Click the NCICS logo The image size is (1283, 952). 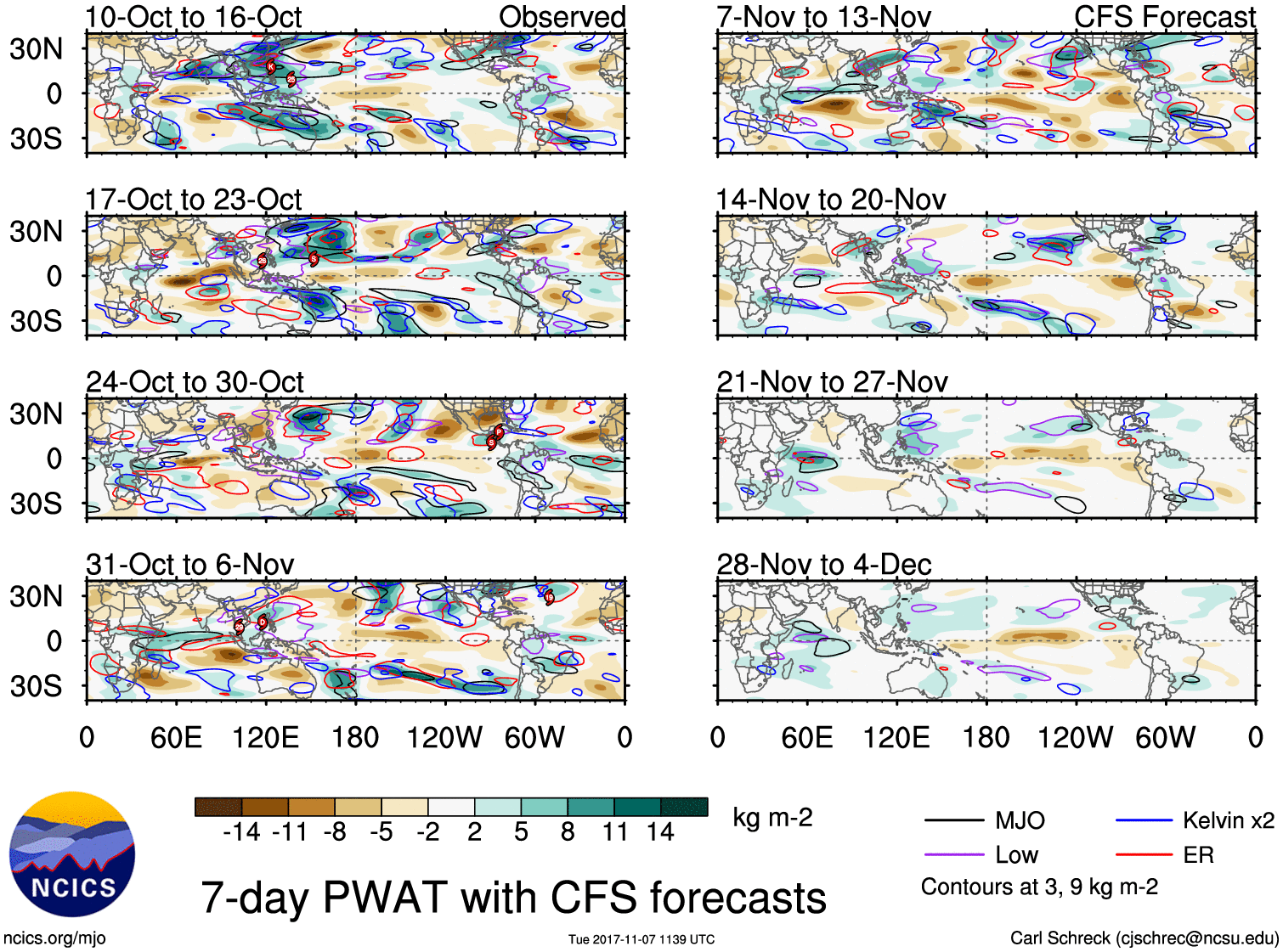point(72,854)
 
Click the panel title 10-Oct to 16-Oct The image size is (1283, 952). point(193,17)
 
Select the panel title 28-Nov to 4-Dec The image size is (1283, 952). point(823,565)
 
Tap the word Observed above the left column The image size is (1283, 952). point(562,17)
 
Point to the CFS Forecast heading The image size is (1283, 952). point(1164,17)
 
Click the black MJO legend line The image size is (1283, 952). point(954,821)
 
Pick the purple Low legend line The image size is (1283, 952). point(954,855)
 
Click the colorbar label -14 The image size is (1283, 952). point(241,832)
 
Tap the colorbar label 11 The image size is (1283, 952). point(614,832)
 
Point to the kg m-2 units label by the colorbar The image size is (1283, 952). point(772,818)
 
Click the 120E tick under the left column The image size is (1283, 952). point(266,737)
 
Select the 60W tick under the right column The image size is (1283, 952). point(1165,737)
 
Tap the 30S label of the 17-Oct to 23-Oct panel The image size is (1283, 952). point(36,321)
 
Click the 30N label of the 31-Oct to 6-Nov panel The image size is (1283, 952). point(36,596)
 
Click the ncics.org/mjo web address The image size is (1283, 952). point(54,938)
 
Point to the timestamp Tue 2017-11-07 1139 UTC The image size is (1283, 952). point(641,939)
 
